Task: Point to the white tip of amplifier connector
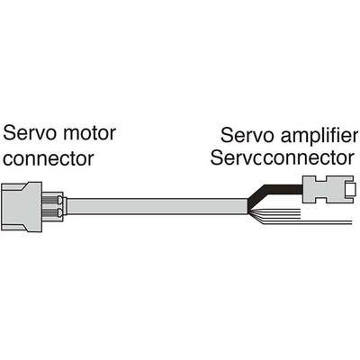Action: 350,191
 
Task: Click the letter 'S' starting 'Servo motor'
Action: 11,135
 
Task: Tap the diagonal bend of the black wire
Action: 256,195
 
